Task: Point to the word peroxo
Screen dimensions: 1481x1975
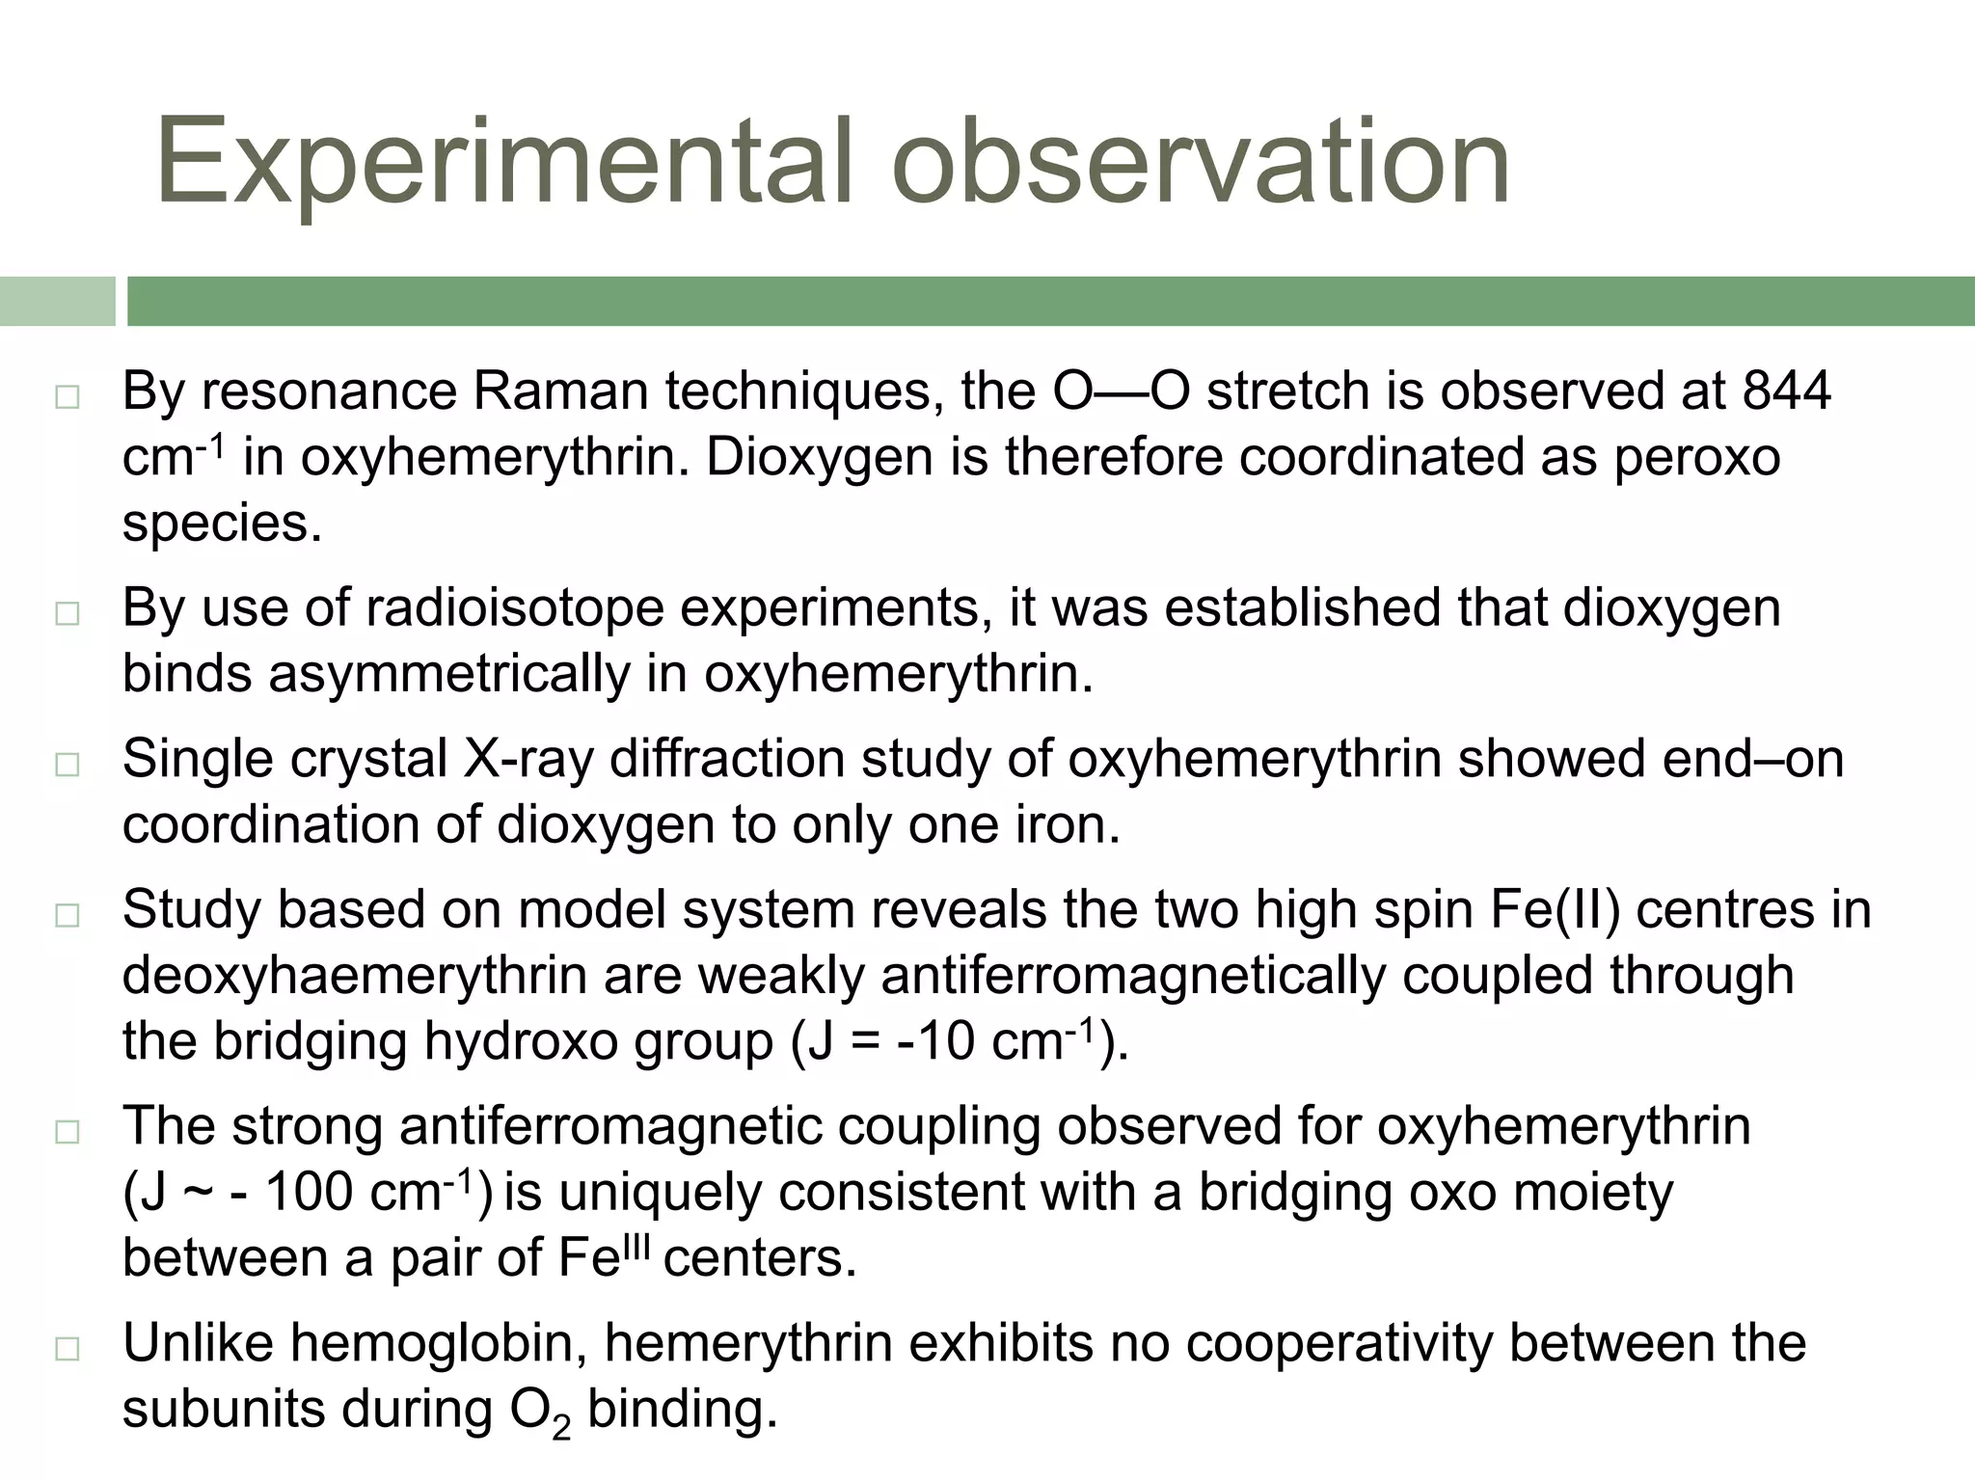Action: pyautogui.click(x=1696, y=457)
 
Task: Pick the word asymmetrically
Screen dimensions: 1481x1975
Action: pyautogui.click(x=448, y=674)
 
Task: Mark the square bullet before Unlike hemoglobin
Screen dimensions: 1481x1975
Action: pyautogui.click(x=67, y=1349)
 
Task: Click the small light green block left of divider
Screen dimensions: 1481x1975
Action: pyautogui.click(x=57, y=301)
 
